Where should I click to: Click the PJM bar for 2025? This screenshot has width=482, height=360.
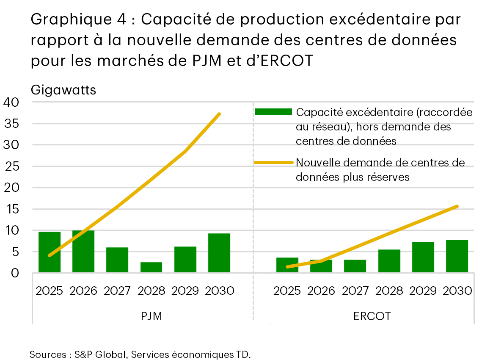tap(50, 252)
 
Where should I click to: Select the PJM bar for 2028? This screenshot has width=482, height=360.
tap(151, 267)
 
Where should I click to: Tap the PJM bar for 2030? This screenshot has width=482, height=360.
tap(219, 253)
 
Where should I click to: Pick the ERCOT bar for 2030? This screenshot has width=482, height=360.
tap(457, 256)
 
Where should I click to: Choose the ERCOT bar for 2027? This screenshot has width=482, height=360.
tap(355, 266)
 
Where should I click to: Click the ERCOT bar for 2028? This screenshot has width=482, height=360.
tap(389, 261)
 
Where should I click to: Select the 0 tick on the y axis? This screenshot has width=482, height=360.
tap(15, 273)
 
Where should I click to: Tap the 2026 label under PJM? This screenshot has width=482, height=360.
tap(83, 291)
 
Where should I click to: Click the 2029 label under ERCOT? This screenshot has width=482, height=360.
tap(423, 291)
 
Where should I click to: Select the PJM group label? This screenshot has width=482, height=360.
tap(151, 316)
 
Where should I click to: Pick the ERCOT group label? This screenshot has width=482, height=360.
tap(372, 316)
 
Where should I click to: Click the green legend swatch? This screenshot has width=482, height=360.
tap(273, 112)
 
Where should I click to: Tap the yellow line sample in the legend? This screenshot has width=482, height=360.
tap(273, 163)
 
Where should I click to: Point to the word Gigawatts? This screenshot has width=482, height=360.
tap(63, 90)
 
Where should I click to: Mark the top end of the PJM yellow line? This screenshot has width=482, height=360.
tap(219, 114)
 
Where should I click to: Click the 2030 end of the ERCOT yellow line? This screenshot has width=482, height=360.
tap(457, 206)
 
